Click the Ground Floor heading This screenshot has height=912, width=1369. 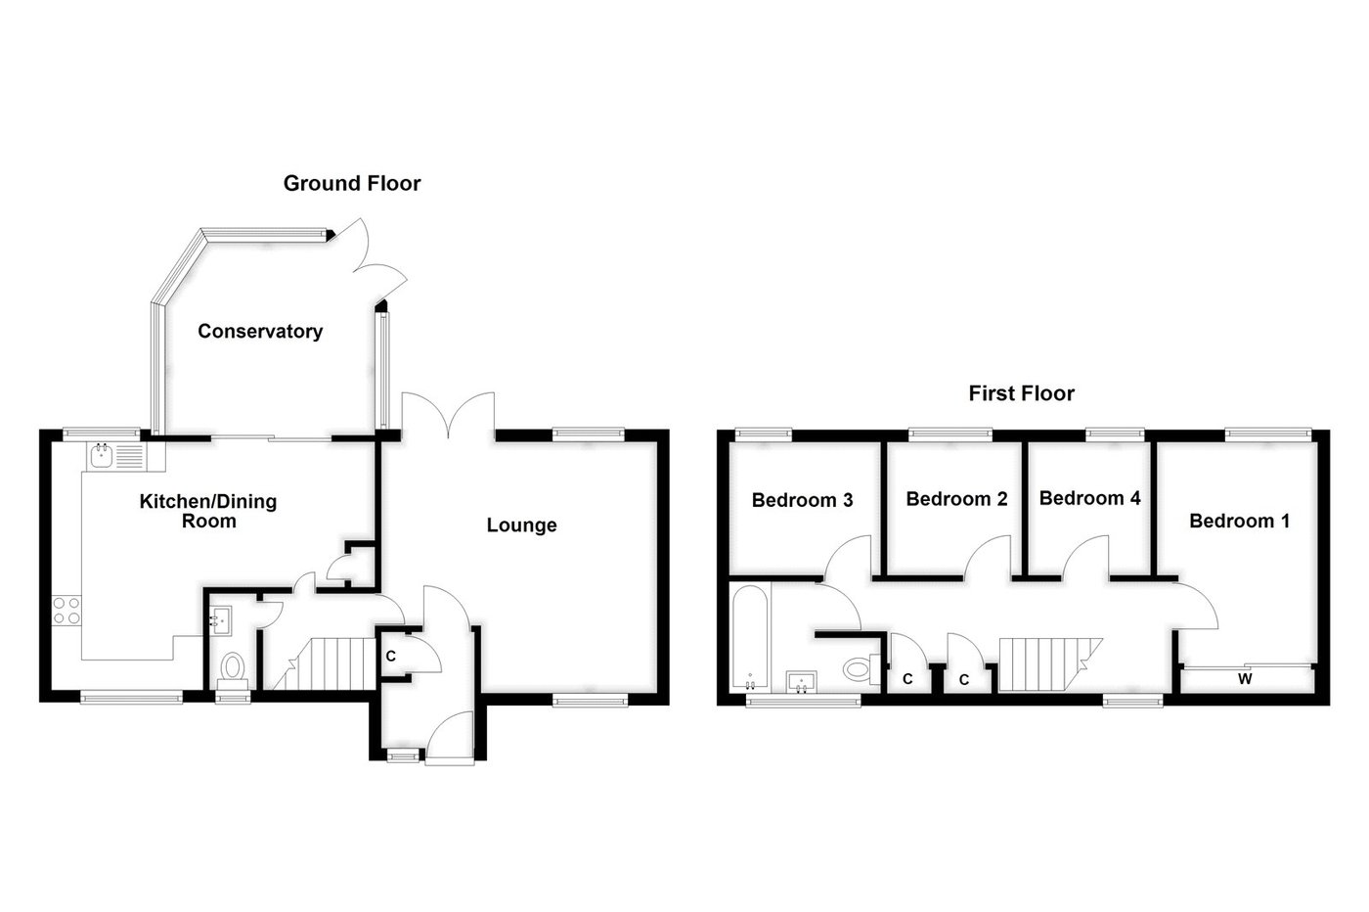[352, 183]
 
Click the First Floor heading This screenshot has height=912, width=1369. [1021, 393]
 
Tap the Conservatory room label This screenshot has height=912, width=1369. [260, 331]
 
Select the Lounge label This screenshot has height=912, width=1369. [522, 525]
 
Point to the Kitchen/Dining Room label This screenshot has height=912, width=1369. [208, 511]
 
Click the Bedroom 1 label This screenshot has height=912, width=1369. [1239, 521]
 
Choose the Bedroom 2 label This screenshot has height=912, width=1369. [956, 499]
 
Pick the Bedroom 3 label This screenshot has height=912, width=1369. [802, 500]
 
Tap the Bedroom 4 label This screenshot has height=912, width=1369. [1089, 498]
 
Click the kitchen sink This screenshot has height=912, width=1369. [103, 455]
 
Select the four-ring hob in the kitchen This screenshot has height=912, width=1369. [66, 611]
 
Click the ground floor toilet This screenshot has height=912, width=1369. [233, 668]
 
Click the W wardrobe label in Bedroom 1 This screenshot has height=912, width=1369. [1245, 678]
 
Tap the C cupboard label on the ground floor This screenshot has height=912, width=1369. [390, 656]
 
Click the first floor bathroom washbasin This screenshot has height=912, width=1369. [805, 680]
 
